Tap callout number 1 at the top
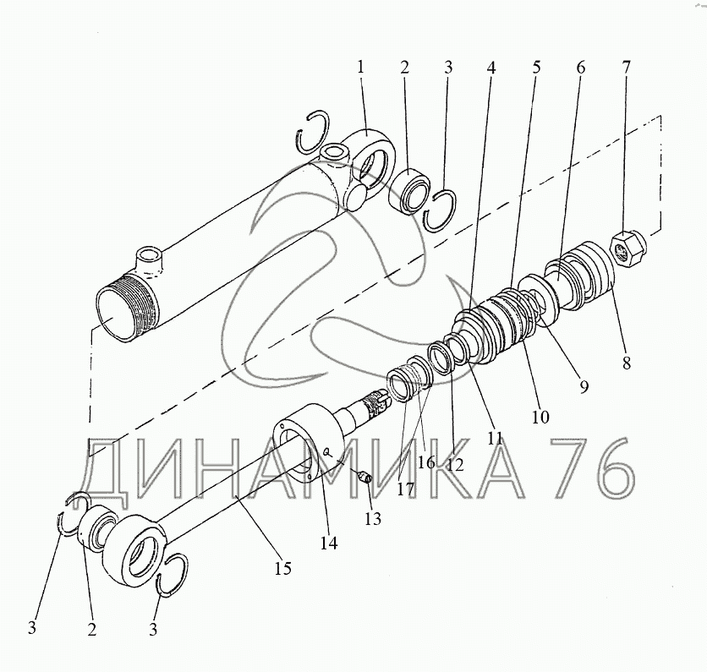pos(360,67)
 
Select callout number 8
pos(627,363)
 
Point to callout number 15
pos(283,568)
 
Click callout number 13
pos(373,519)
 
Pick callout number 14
pos(329,544)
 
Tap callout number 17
pos(405,489)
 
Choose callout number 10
pos(540,417)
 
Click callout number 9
pos(584,386)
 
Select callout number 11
pos(495,438)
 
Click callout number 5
pos(535,67)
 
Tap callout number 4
pos(491,68)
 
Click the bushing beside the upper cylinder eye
pos(409,191)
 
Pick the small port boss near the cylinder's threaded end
pos(149,260)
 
